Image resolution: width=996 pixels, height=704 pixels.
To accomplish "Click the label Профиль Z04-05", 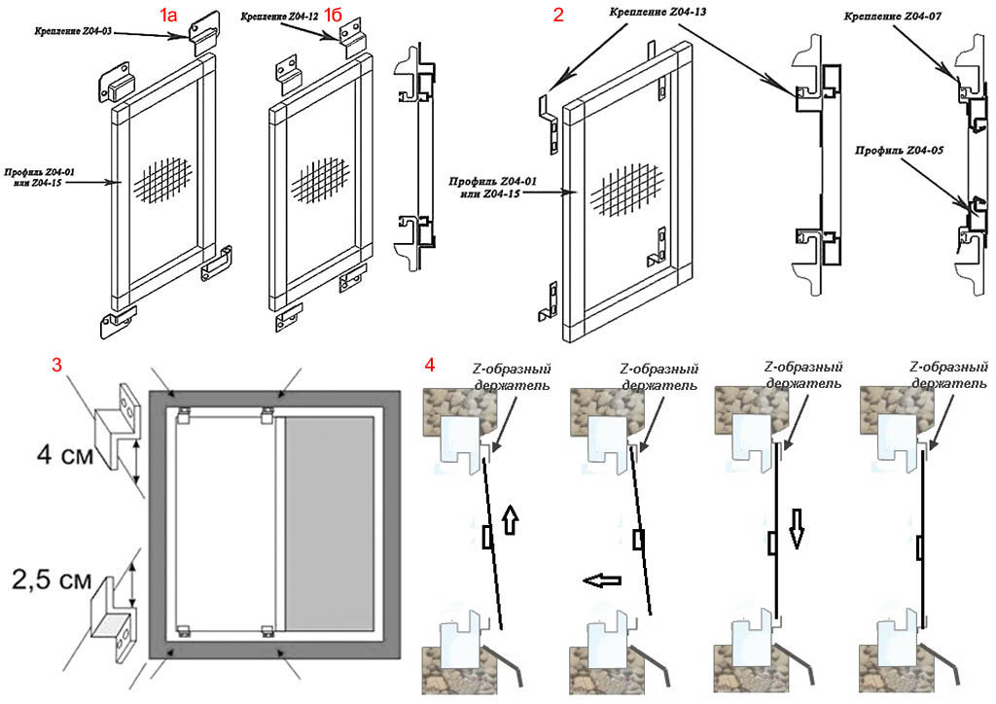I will click(x=900, y=152).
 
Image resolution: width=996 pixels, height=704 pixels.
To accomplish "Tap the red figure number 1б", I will click(x=335, y=14).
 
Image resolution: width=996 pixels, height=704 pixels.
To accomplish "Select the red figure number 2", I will click(x=557, y=15).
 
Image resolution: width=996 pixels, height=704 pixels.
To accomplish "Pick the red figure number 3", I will click(x=57, y=365).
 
